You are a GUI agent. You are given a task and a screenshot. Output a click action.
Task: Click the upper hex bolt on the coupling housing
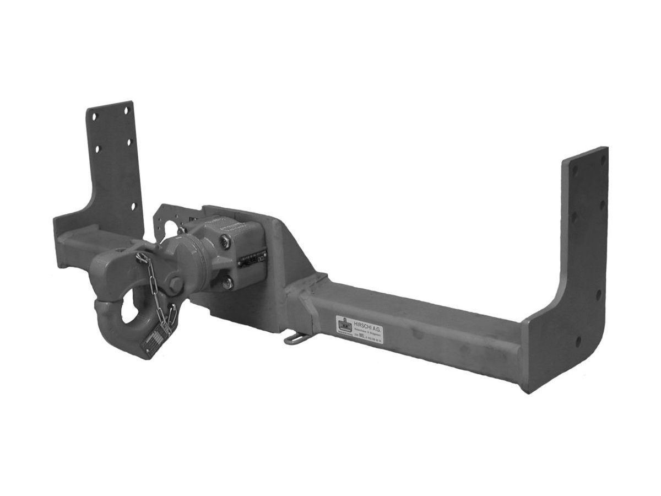tap(225, 240)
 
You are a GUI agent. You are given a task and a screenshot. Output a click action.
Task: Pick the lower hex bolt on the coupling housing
tap(227, 283)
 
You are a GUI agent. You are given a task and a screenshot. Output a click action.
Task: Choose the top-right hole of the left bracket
tap(126, 110)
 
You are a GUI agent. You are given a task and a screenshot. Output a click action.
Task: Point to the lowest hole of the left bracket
tap(132, 207)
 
